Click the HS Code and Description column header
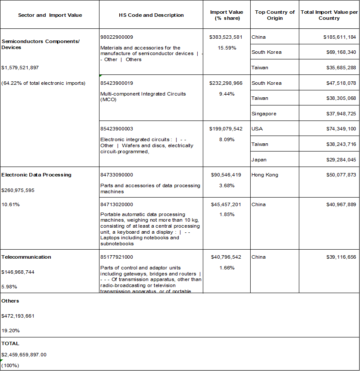click(x=151, y=15)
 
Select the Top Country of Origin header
click(x=275, y=15)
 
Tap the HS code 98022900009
click(x=117, y=37)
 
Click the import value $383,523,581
click(x=227, y=37)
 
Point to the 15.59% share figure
click(x=227, y=48)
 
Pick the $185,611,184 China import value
click(x=339, y=37)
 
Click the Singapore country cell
click(x=264, y=114)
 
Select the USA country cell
click(x=257, y=129)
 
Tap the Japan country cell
click(x=259, y=160)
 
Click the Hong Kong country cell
click(x=265, y=175)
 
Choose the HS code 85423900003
click(x=117, y=129)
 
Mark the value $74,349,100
click(x=339, y=129)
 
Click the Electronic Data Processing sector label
click(x=36, y=175)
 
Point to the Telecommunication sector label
click(x=26, y=257)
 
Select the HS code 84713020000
click(x=117, y=204)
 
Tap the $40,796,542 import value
click(x=227, y=257)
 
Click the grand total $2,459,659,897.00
click(x=24, y=355)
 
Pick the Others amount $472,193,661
click(x=18, y=316)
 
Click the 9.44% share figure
click(x=227, y=94)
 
